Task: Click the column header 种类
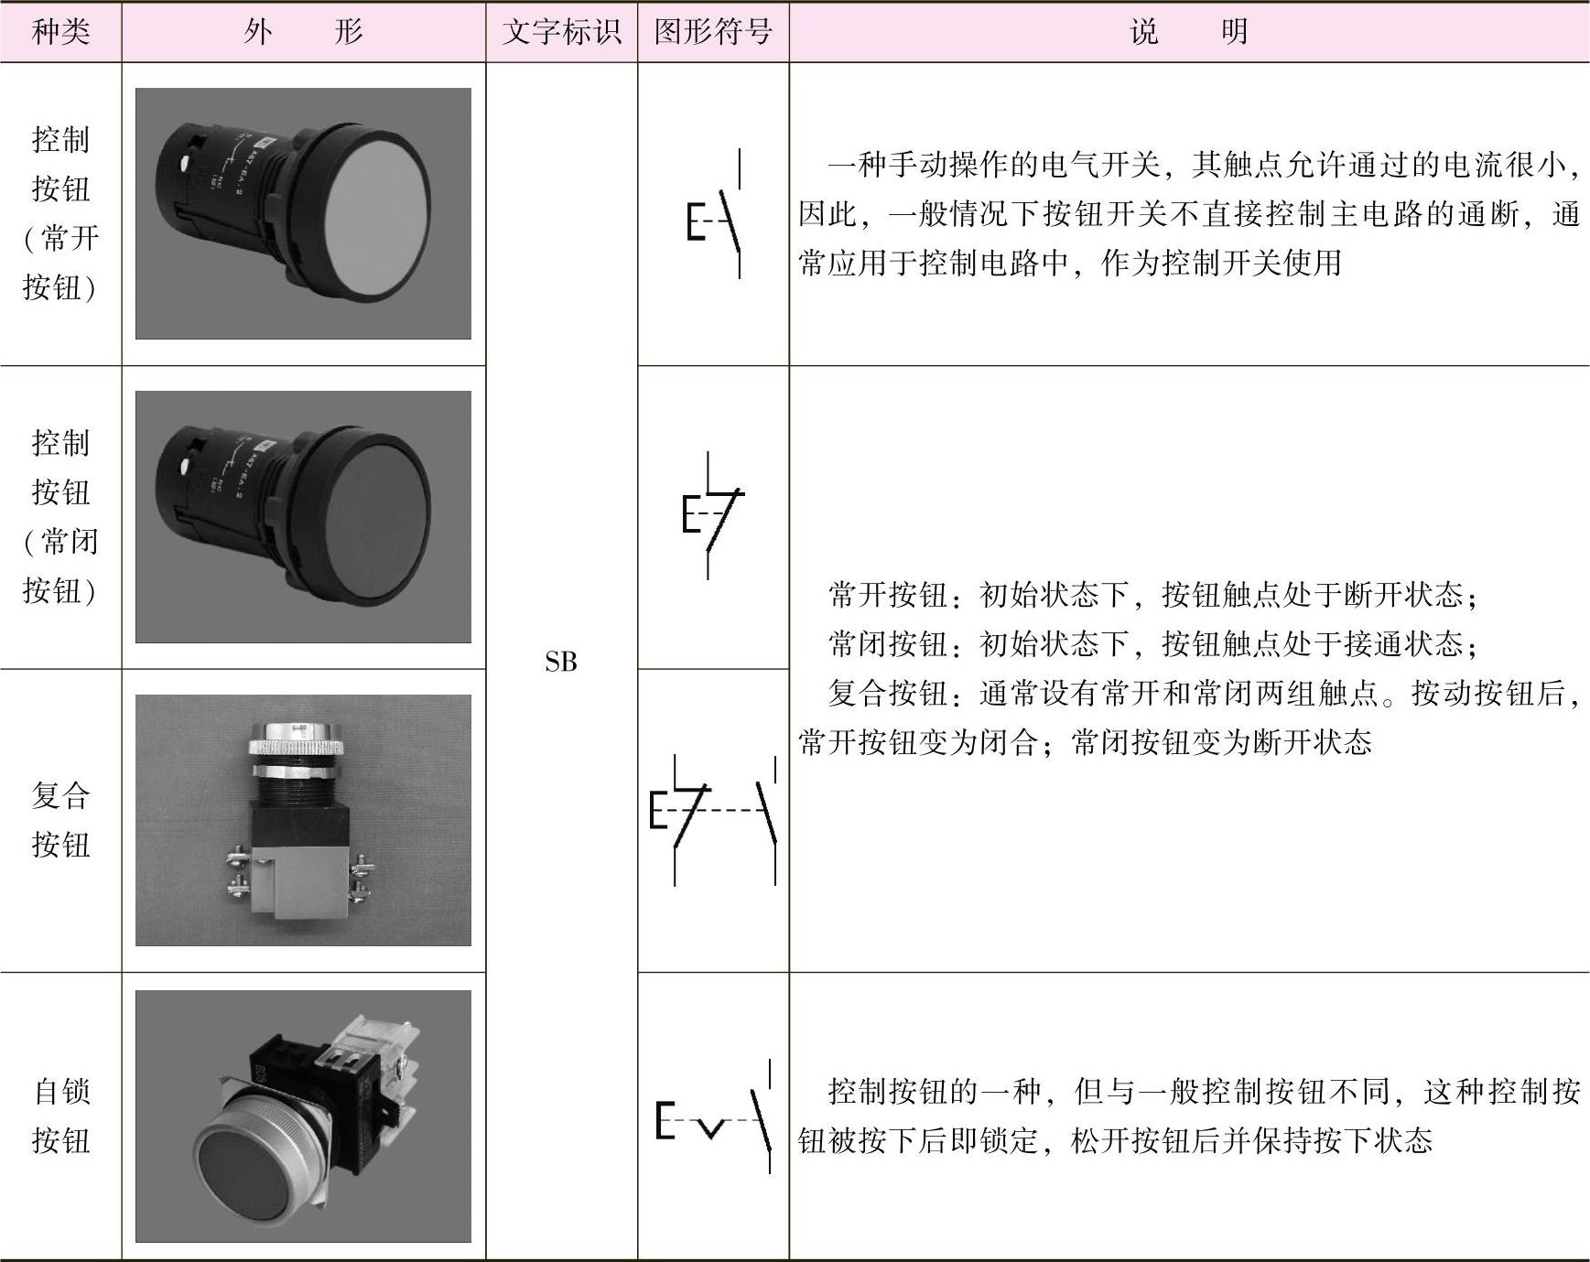60,32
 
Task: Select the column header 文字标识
561,32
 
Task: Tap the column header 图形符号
713,32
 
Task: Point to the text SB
561,661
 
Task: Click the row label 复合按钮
60,820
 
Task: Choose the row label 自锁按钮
60,1116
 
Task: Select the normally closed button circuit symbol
713,515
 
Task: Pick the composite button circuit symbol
713,820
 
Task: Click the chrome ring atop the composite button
296,737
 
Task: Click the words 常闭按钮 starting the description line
887,644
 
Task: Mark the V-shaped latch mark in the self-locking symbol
709,1127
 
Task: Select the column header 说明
1189,32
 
